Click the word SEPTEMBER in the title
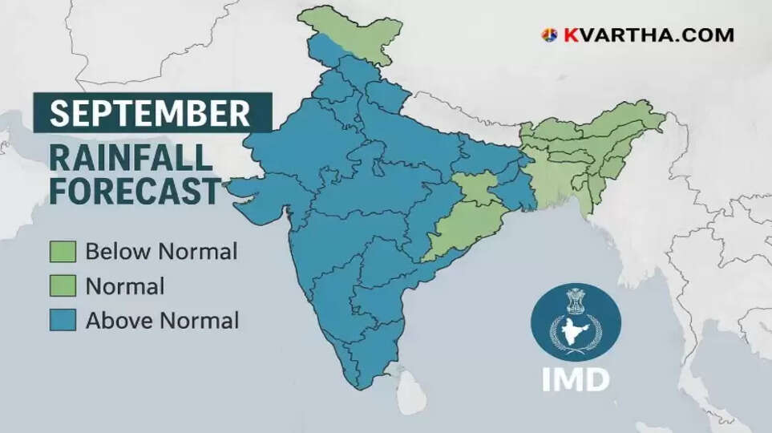pos(150,113)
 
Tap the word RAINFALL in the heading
pos(131,158)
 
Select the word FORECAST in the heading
pos(135,192)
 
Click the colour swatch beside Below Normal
pos(63,252)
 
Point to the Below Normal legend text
pos(161,252)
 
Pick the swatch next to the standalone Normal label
pos(63,286)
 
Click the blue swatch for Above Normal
pos(63,321)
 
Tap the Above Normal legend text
pos(162,321)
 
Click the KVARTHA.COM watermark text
pos(648,35)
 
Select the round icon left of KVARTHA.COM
pos(549,35)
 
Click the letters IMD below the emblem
pos(575,378)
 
